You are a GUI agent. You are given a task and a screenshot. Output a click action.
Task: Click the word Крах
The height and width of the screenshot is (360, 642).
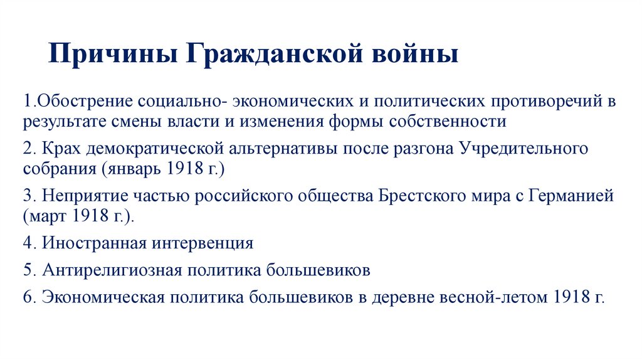click(x=61, y=150)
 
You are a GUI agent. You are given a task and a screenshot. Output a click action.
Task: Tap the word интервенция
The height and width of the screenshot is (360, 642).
click(x=204, y=243)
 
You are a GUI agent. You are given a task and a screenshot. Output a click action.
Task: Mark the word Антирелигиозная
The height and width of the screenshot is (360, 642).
click(x=112, y=270)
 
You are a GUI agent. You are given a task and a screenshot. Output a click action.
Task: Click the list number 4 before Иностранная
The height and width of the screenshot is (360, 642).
click(x=28, y=243)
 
